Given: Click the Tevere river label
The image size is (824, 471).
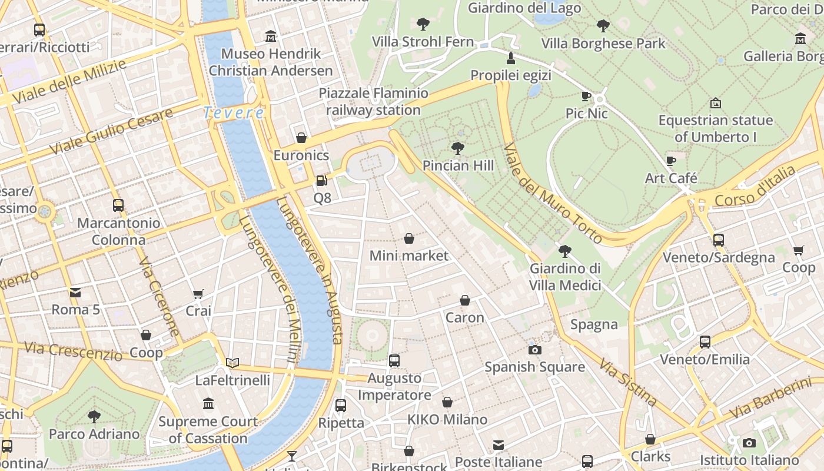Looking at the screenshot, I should tap(234, 112).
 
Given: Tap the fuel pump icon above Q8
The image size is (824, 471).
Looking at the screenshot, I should tap(321, 181).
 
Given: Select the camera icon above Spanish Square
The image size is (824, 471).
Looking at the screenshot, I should tap(534, 350).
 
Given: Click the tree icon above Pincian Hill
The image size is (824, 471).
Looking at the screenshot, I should tap(457, 148).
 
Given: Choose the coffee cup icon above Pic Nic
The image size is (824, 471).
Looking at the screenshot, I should tap(586, 96).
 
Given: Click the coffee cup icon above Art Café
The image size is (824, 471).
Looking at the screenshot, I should tap(671, 161).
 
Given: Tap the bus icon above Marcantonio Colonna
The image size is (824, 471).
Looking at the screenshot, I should tap(118, 205).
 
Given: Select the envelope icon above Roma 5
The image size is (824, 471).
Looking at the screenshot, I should tap(75, 293).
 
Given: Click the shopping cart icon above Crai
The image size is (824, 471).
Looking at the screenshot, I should tap(198, 294).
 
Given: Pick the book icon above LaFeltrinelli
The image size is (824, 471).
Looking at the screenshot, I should tap(232, 363).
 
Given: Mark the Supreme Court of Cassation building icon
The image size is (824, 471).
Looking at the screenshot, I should tap(208, 404).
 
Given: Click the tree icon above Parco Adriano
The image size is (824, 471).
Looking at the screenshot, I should tap(94, 417).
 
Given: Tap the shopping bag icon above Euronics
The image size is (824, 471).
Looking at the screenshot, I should tap(301, 138).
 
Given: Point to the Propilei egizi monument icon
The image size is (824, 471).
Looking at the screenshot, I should tap(510, 58).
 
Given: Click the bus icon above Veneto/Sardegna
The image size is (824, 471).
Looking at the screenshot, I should tap(718, 240).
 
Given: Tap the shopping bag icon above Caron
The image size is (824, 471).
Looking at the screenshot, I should tap(465, 300).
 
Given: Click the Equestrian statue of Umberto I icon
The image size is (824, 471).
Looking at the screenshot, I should tap(715, 103).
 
